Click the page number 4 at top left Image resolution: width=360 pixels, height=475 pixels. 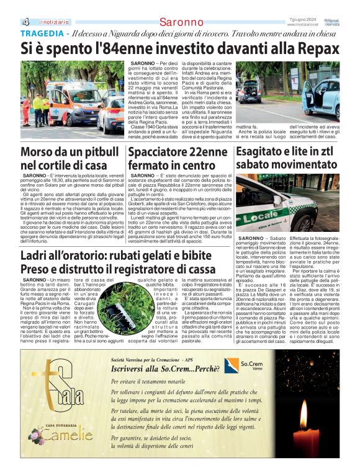(x=25, y=22)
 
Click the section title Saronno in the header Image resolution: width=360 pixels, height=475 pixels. (x=181, y=22)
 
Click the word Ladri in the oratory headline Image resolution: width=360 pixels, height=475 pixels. (x=35, y=256)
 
